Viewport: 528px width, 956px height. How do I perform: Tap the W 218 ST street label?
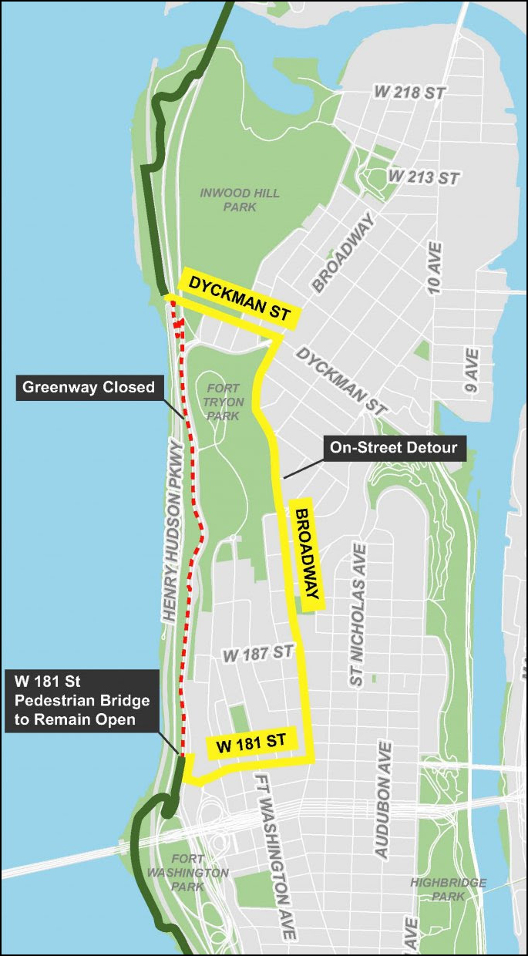[x=410, y=92]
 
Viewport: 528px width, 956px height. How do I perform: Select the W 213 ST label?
[x=424, y=177]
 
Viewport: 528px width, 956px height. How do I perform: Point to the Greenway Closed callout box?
[x=89, y=387]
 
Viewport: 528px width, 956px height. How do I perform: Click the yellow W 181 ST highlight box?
[x=251, y=744]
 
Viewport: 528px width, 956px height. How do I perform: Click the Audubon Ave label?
[x=383, y=799]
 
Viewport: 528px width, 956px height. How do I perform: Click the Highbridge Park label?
[x=448, y=889]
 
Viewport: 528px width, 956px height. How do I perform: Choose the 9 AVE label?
[x=472, y=372]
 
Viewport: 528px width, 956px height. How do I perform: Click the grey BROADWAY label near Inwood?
[x=343, y=253]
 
